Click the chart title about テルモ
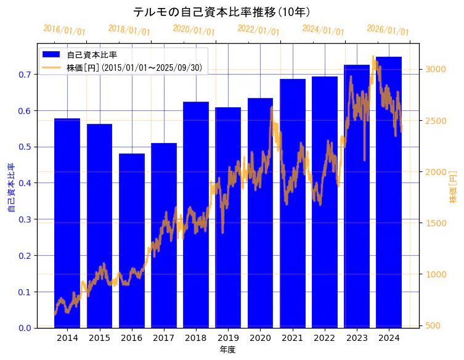click(x=222, y=12)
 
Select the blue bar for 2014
click(x=67, y=222)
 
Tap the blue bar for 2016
click(x=131, y=240)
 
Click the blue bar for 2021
click(x=293, y=203)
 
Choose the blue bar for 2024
click(x=389, y=191)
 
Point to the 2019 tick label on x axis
click(x=228, y=338)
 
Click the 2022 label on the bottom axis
click(x=325, y=338)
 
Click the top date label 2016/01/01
click(x=65, y=30)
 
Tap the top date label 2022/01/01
click(x=258, y=30)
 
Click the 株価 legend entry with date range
click(x=134, y=67)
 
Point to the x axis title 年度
click(x=227, y=350)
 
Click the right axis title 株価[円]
click(x=454, y=187)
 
